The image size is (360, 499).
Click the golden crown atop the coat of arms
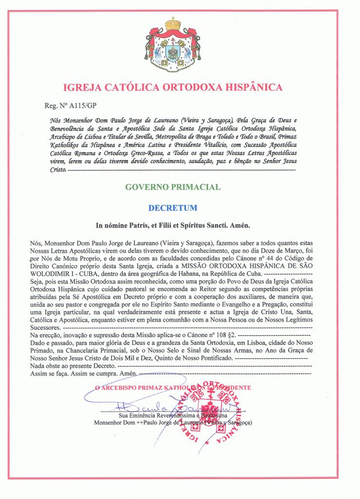coord(172,24)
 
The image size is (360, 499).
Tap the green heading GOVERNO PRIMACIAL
coord(172,187)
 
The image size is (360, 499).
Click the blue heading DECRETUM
coord(173,208)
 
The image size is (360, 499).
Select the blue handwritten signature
coord(161,404)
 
